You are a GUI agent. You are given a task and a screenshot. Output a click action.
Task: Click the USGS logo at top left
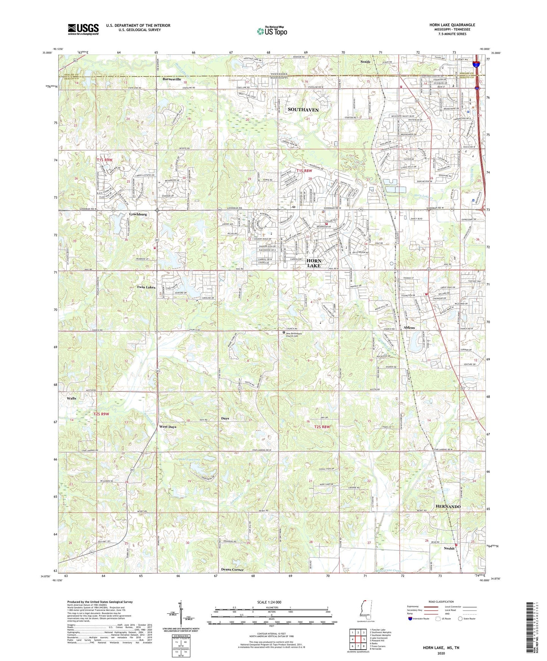coord(83,29)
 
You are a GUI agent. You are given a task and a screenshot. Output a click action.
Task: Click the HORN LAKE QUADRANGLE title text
coord(452,25)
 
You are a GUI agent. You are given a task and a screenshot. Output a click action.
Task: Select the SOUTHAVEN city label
coord(303,110)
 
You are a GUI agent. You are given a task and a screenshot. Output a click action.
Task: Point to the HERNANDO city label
coord(448,507)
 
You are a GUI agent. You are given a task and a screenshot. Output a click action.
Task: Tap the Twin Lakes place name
coord(146,287)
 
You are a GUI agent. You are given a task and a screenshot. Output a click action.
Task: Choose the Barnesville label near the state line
coord(172,79)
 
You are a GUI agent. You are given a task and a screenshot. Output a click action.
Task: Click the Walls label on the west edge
coord(72,398)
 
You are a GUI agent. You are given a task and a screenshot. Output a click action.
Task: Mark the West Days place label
coord(168,427)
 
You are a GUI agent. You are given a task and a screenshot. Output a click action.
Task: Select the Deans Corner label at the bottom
coord(232,569)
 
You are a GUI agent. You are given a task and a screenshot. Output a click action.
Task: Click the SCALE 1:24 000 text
coord(269,602)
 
